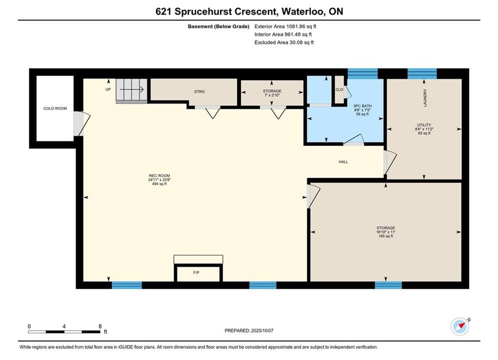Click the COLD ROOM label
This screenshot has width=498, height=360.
(x=55, y=108)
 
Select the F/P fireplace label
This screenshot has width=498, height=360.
(x=196, y=272)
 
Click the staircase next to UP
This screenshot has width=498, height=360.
(x=132, y=91)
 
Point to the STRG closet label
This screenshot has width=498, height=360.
(x=200, y=91)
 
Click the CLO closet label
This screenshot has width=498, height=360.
(x=339, y=89)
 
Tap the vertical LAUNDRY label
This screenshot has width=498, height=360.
(x=425, y=97)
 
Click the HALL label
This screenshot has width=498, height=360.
(x=343, y=162)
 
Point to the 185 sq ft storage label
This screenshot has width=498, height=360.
(x=386, y=236)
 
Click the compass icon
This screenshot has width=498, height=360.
(x=459, y=326)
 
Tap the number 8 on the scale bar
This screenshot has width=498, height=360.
(x=100, y=326)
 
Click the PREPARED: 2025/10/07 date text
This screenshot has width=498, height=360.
(x=249, y=330)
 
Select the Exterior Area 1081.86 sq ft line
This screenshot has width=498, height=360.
(x=285, y=26)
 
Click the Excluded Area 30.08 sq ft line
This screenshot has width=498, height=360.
(x=284, y=42)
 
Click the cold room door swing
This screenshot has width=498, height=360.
(x=82, y=123)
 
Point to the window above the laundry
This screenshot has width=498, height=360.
(x=422, y=73)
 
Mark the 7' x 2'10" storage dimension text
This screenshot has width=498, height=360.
(x=272, y=95)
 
